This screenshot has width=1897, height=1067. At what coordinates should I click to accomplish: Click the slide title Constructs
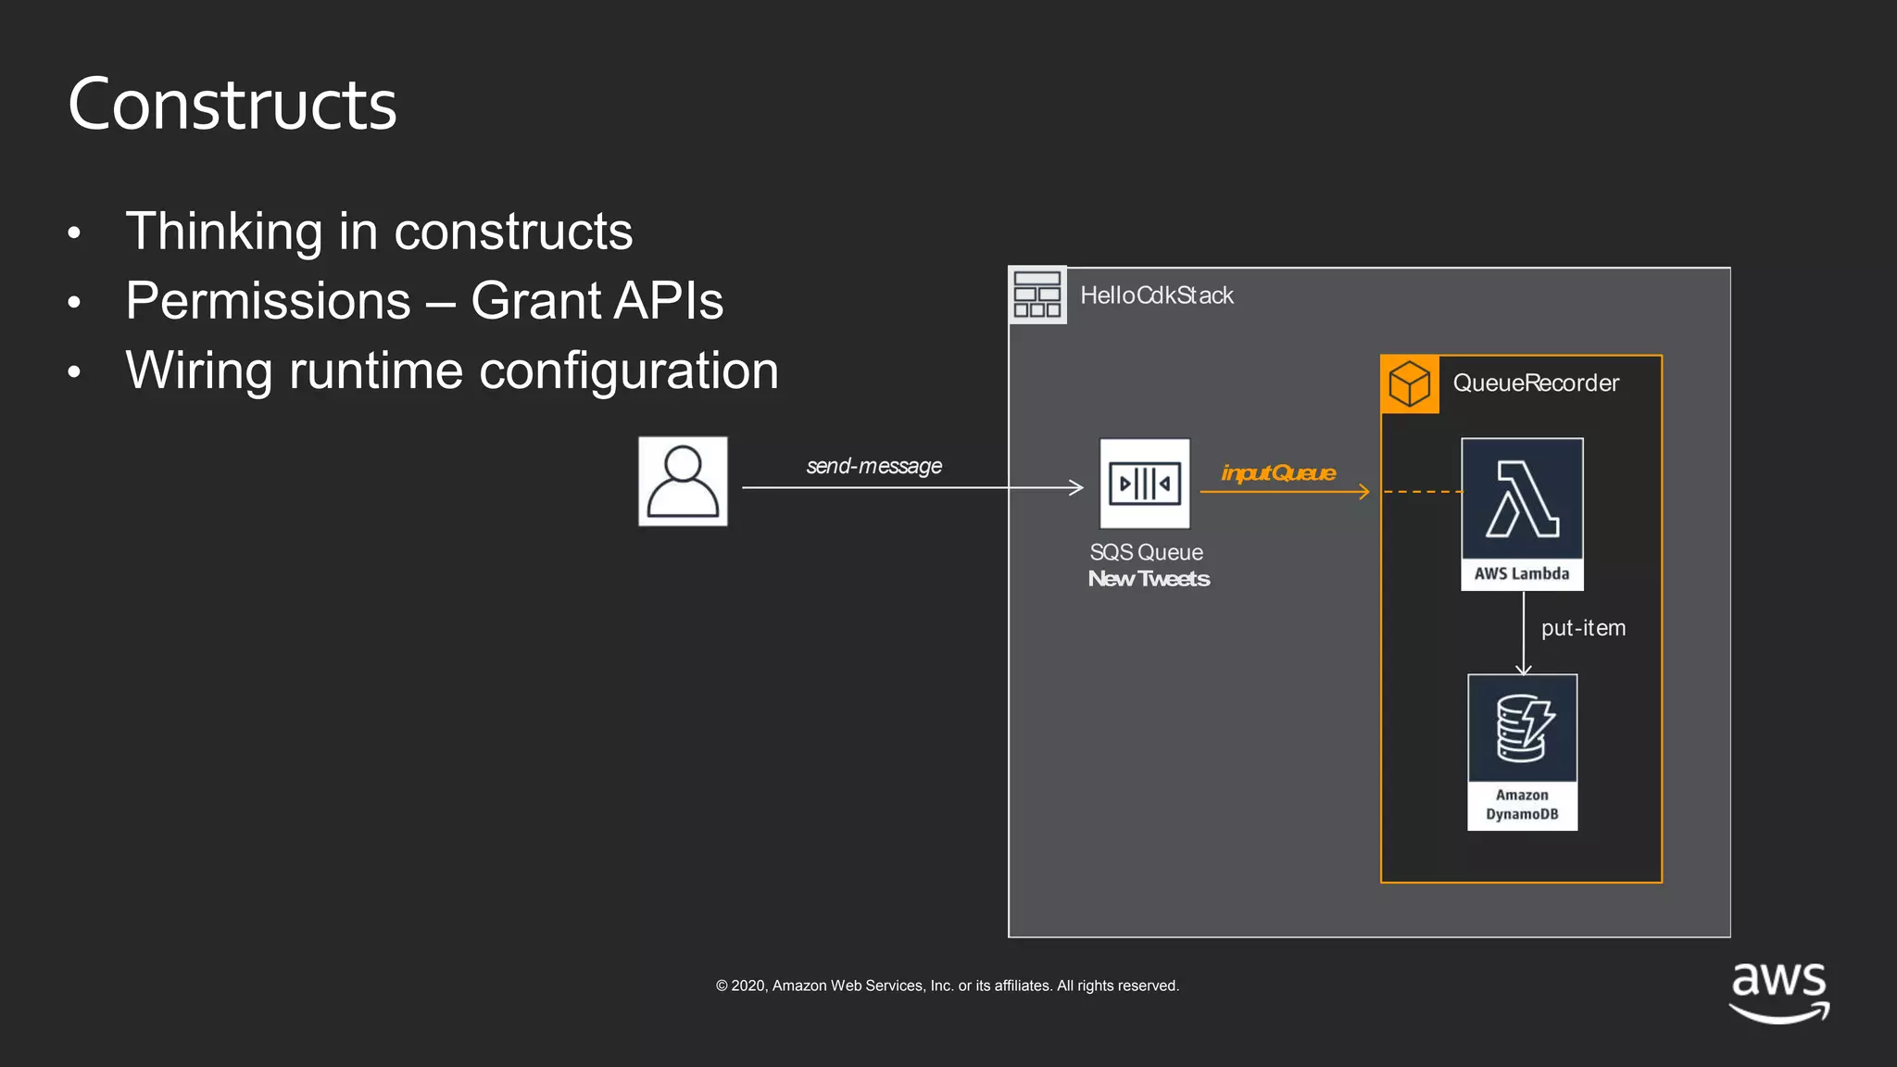coord(232,105)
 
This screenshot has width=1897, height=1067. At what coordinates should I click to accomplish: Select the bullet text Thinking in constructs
coord(379,231)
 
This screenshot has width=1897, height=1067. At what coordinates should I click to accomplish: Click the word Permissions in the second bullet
coord(269,301)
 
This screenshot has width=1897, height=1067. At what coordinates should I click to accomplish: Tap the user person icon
coord(683,482)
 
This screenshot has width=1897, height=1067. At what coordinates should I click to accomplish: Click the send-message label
coord(873,466)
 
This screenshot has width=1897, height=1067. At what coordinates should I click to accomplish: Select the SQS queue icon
coord(1145,483)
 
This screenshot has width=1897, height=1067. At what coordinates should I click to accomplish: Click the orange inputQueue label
coord(1278,473)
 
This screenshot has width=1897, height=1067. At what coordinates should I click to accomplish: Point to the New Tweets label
coord(1149,579)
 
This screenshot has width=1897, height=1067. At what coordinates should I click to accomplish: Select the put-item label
coord(1583,628)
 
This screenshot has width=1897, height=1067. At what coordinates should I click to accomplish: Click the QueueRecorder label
coord(1536,383)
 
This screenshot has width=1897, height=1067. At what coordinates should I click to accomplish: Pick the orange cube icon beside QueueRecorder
coord(1410,384)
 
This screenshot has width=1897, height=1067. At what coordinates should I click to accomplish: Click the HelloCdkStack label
coord(1157,295)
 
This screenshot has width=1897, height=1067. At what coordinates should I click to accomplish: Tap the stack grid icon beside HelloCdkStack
coord(1037,295)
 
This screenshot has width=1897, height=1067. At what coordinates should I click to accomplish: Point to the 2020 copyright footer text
coord(947,985)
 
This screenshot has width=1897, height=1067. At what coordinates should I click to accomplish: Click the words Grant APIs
coord(597,301)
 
